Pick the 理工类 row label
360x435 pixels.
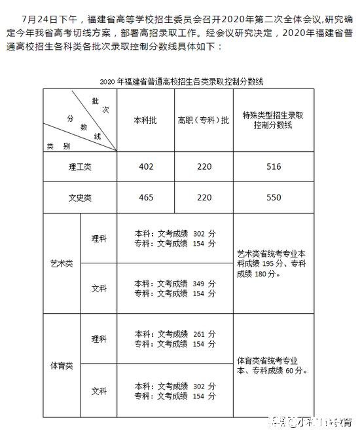click(x=81, y=166)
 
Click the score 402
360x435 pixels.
click(x=146, y=166)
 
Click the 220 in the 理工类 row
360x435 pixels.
click(x=204, y=166)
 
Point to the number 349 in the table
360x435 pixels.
click(x=200, y=284)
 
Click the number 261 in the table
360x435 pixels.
click(x=200, y=335)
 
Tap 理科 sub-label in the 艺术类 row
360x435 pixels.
click(x=99, y=238)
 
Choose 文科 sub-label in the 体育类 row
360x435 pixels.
click(x=99, y=391)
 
